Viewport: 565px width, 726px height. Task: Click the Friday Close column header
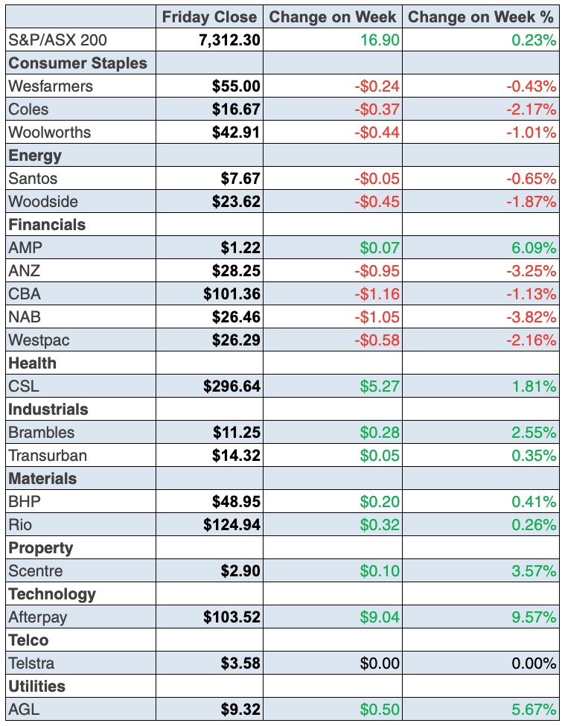point(209,17)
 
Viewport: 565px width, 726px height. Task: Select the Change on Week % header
point(482,17)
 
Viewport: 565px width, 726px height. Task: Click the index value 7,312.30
point(229,40)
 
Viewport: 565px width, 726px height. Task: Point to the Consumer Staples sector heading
point(77,63)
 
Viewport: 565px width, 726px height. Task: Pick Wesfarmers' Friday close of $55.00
point(236,86)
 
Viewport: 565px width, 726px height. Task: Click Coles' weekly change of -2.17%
point(531,109)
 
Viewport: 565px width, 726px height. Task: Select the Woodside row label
point(43,202)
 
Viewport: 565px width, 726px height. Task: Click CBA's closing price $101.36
point(232,294)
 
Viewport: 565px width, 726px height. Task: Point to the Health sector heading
point(32,363)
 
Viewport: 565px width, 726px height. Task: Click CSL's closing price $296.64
point(232,386)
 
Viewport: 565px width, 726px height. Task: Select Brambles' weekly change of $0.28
point(380,433)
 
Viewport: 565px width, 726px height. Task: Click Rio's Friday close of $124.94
point(232,525)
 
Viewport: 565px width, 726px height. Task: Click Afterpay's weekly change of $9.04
point(380,617)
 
